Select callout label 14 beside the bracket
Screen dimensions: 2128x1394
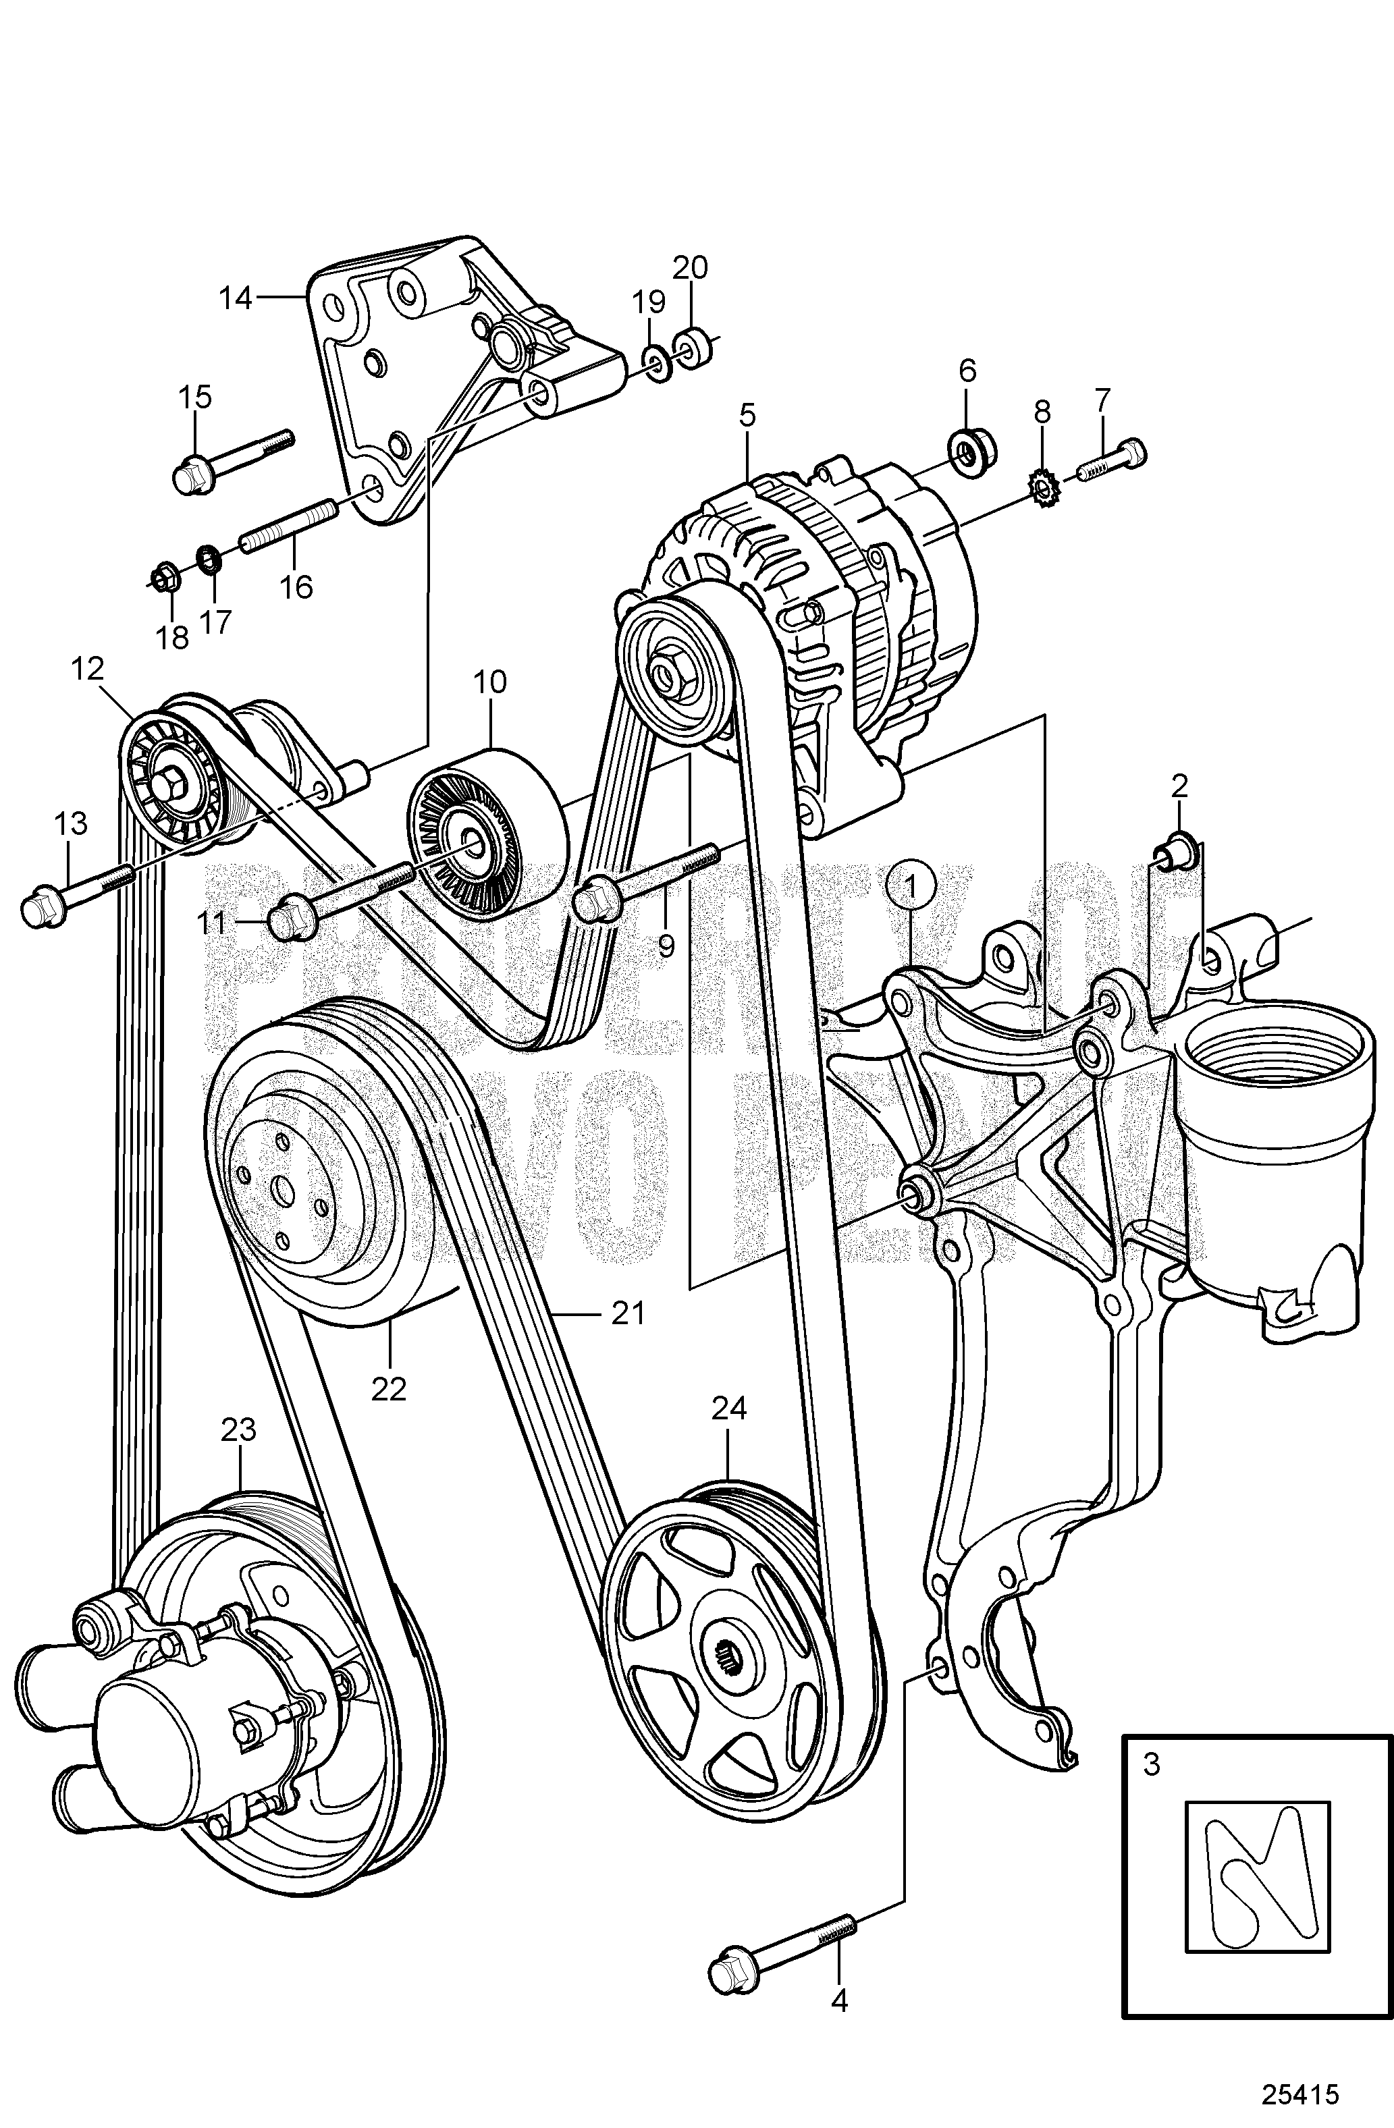coord(236,298)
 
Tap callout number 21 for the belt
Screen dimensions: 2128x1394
coord(628,1313)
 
